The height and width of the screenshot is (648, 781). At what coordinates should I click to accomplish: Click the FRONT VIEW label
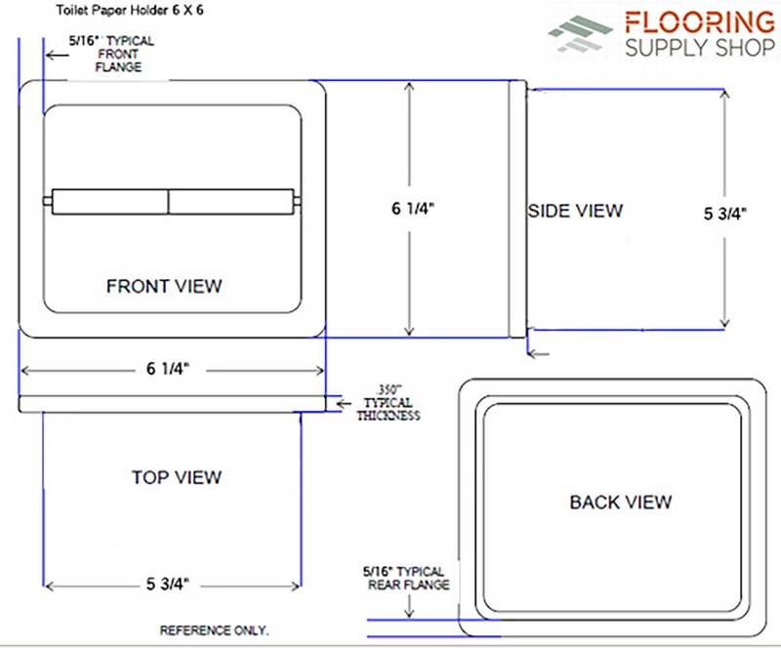164,286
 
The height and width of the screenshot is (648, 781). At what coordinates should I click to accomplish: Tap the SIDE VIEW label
575,211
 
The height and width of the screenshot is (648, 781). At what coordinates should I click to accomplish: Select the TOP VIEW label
177,477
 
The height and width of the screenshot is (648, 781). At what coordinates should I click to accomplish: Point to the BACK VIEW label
621,502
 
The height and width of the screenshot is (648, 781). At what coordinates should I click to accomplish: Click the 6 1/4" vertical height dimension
413,208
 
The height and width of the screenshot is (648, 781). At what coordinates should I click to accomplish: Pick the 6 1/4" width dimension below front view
168,369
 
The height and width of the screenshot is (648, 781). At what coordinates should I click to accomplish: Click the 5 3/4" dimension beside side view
724,213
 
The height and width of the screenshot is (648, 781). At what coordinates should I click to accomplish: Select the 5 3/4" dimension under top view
168,584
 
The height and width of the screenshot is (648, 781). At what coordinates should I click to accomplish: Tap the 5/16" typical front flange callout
111,54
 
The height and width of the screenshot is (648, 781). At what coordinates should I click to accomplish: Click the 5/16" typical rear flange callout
405,578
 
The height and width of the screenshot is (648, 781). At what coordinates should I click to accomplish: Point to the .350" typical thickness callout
389,402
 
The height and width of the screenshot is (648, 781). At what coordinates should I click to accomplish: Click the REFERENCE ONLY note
214,630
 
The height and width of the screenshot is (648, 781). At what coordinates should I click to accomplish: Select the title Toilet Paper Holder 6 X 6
130,10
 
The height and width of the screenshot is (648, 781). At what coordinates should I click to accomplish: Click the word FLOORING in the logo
700,22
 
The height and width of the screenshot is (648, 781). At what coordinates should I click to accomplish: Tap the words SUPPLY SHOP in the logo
700,48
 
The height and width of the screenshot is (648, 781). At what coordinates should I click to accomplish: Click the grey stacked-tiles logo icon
580,33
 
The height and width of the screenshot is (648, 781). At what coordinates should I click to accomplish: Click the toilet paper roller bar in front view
173,202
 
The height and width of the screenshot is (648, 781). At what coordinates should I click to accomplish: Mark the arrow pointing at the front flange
58,55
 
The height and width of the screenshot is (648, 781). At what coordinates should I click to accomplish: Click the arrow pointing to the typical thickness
344,404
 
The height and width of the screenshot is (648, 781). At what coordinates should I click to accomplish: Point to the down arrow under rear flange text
409,606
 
